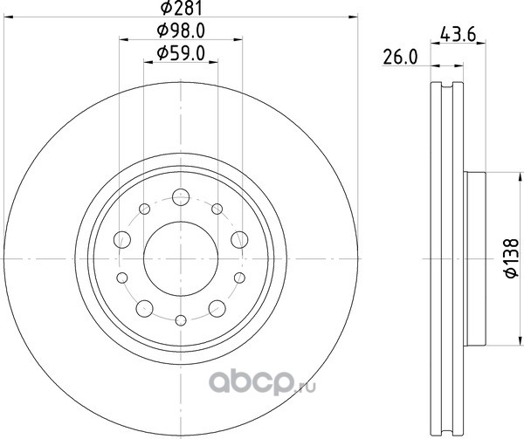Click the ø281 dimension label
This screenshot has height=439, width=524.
182,8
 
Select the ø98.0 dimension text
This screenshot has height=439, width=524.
181,31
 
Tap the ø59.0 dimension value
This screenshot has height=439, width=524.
181,53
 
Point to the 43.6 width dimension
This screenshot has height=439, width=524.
458,34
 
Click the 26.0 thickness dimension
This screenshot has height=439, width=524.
400,58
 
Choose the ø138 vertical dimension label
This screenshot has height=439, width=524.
511,257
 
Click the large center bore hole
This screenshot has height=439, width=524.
181,258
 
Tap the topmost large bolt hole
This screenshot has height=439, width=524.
181,197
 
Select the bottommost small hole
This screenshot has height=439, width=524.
181,320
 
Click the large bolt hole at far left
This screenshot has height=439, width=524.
122,239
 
